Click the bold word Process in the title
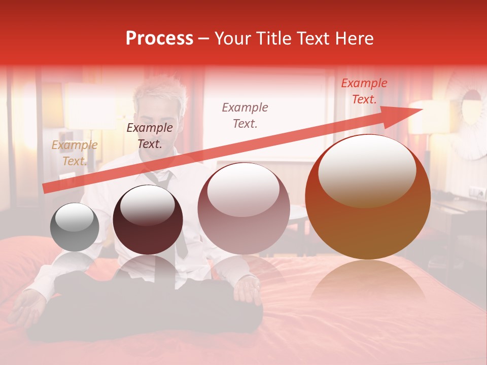[159, 39]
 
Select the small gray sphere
[75, 227]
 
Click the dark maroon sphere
[148, 220]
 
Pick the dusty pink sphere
[243, 209]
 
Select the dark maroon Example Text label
[149, 136]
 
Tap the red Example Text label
[364, 91]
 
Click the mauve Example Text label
[245, 116]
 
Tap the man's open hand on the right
[247, 289]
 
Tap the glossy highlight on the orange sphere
[367, 170]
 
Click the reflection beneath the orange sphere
[368, 284]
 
